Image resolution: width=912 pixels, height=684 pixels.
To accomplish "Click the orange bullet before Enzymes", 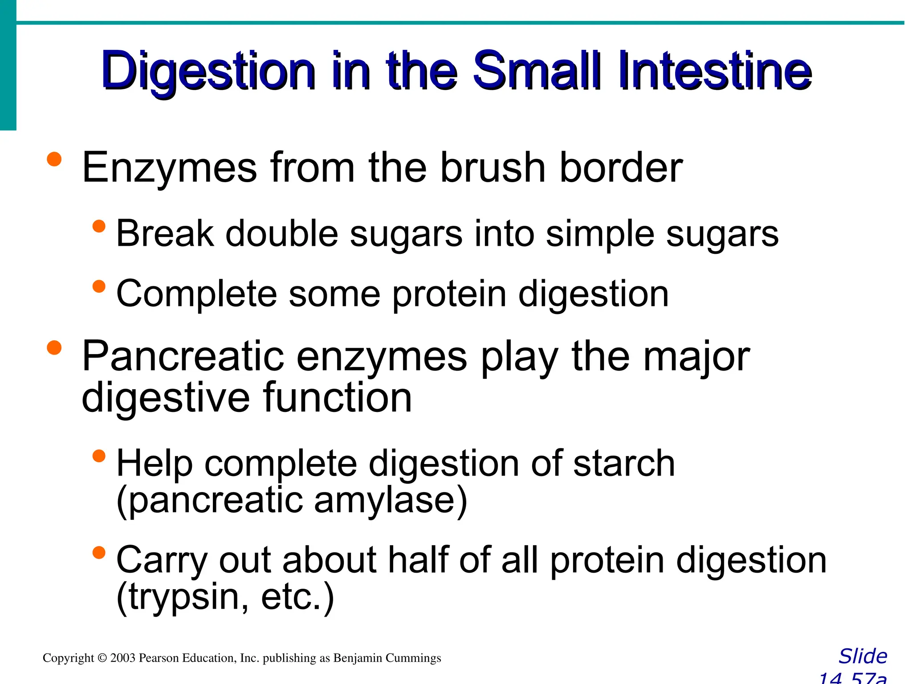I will click(54, 159).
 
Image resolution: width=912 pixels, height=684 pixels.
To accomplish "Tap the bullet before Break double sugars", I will click(99, 226).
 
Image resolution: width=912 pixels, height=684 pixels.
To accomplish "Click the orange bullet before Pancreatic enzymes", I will click(54, 348).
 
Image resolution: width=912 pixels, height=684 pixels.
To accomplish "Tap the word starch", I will click(623, 464).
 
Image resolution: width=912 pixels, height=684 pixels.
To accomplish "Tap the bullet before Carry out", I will click(99, 553).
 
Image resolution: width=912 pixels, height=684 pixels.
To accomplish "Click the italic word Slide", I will click(863, 656).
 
